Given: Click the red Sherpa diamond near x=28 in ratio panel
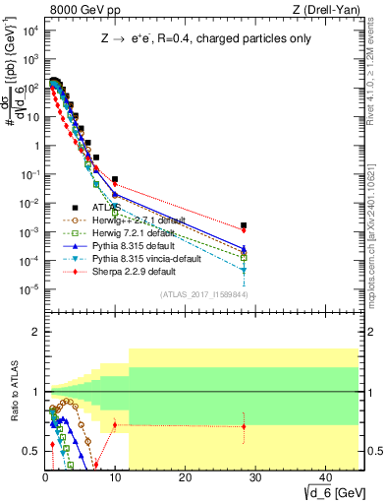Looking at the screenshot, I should (244, 426).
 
